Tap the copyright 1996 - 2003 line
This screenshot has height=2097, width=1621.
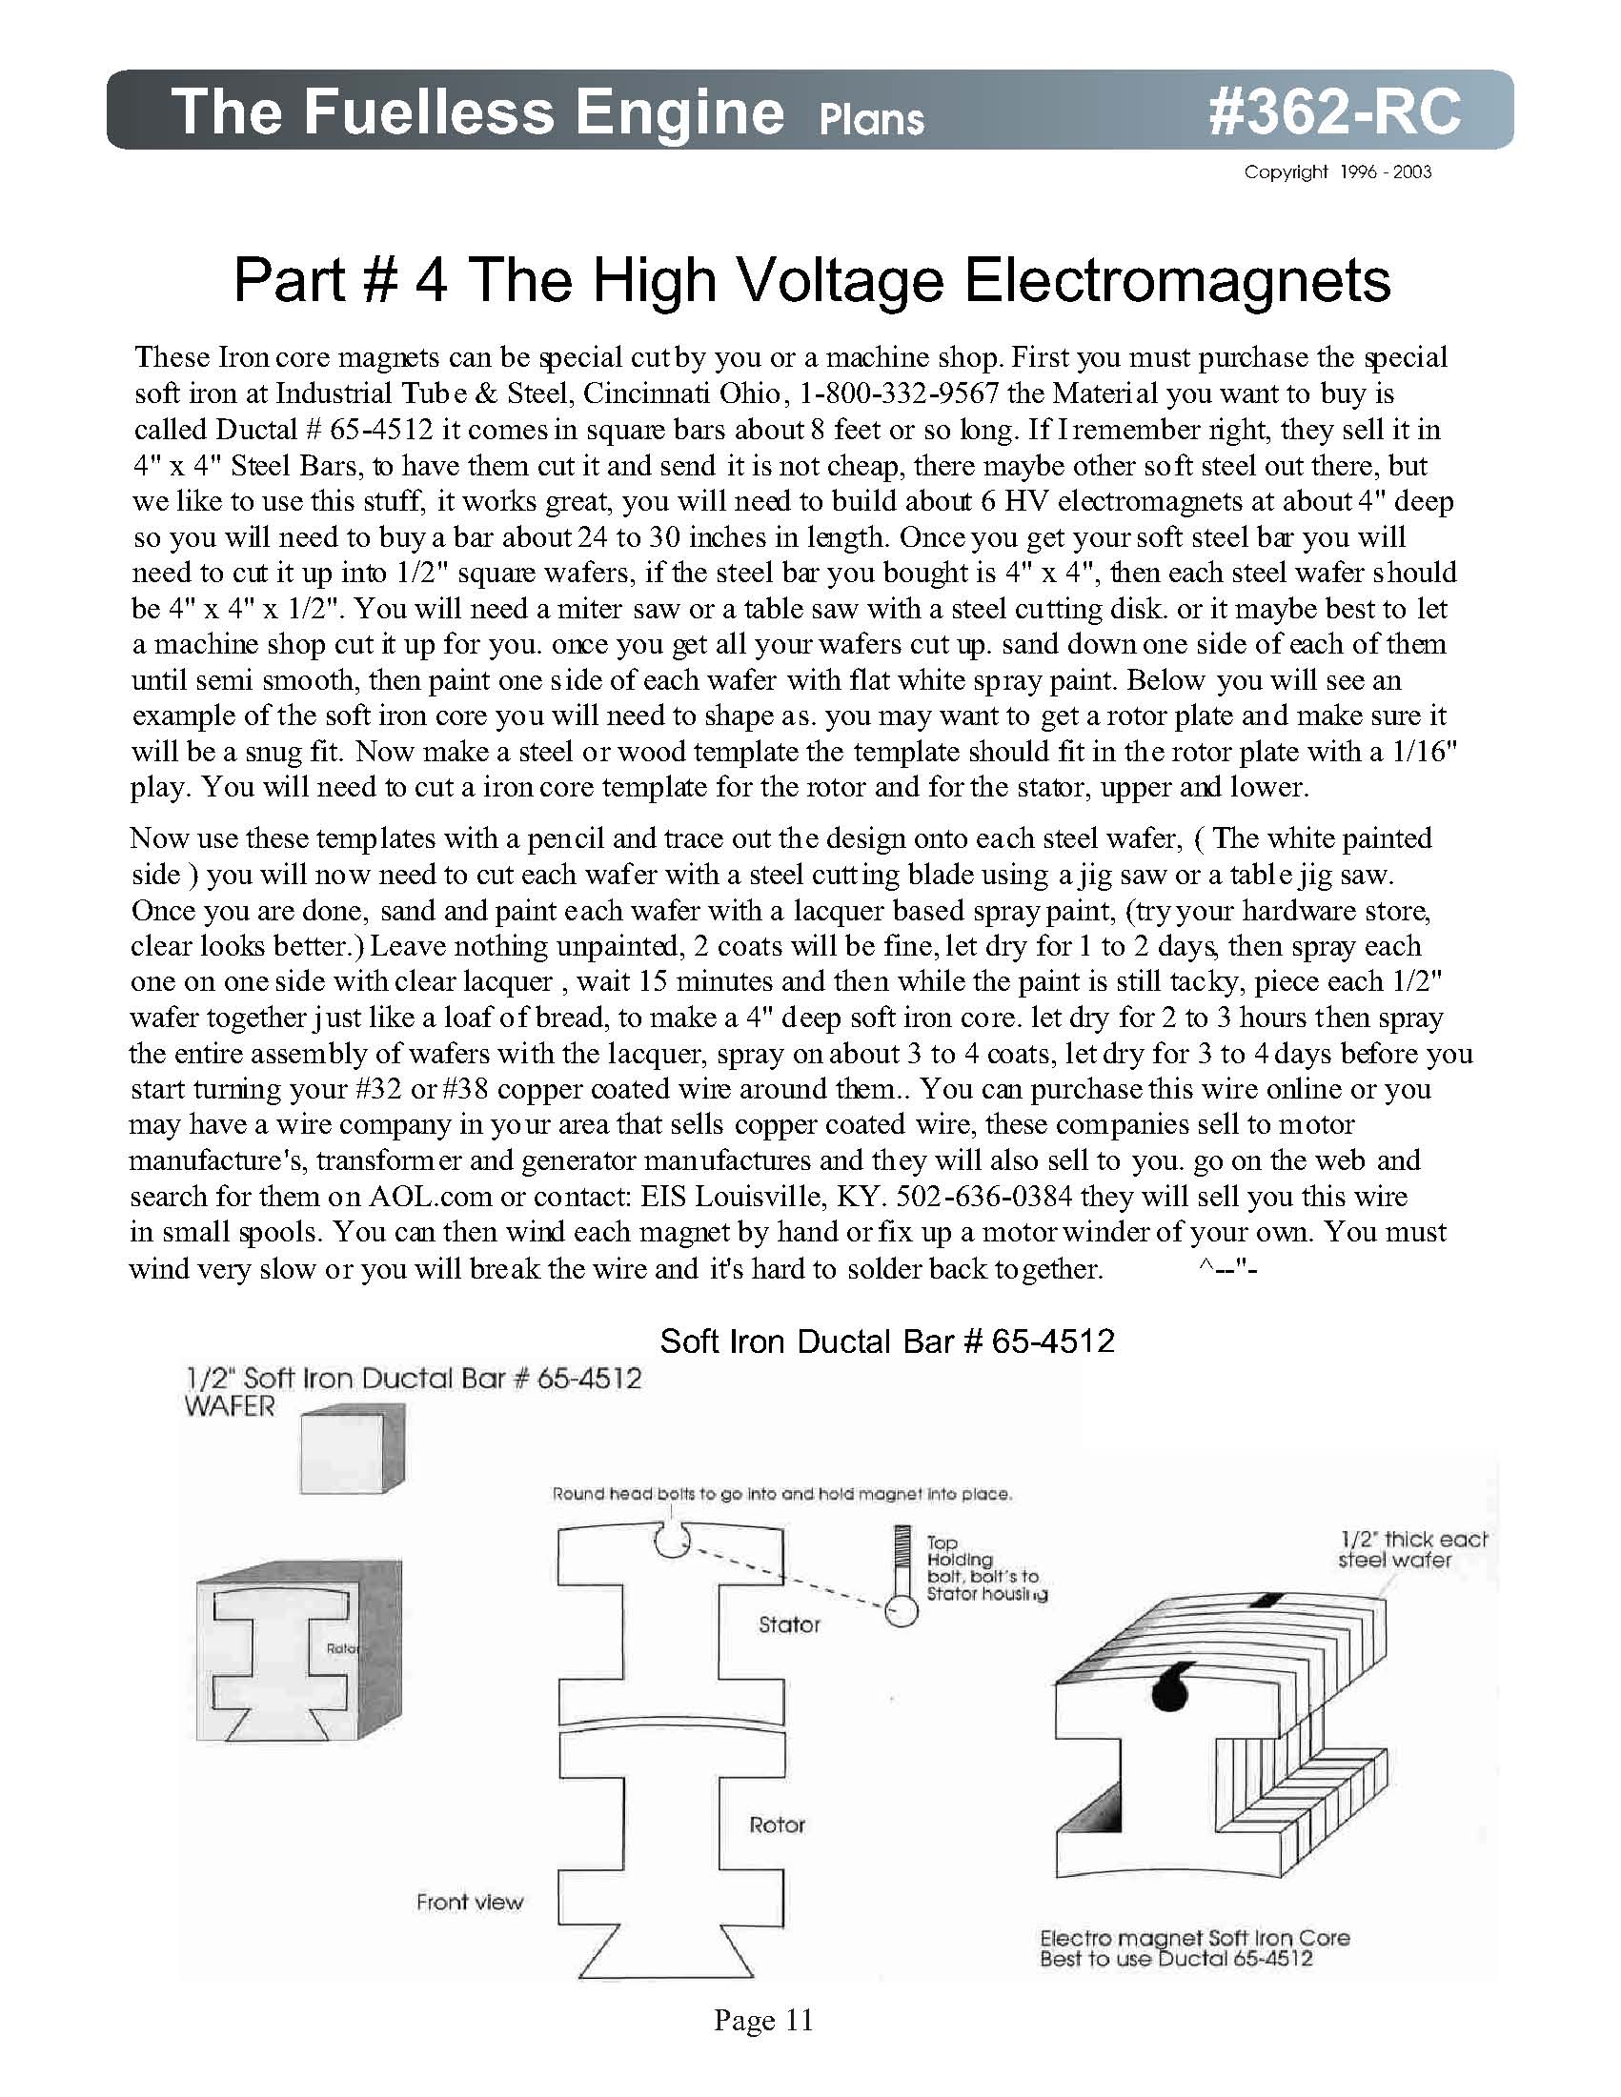point(1337,171)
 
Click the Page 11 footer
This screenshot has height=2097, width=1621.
point(763,2020)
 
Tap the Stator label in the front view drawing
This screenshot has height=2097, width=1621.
point(789,1624)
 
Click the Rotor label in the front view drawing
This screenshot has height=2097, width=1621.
point(777,1825)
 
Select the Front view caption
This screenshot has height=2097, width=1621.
point(470,1901)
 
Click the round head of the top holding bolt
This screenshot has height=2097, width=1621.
point(901,1610)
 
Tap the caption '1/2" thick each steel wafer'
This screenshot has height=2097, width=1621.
point(1411,1550)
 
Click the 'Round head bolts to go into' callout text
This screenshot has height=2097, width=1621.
point(781,1494)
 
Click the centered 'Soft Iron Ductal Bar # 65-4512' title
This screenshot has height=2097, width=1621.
point(886,1341)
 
